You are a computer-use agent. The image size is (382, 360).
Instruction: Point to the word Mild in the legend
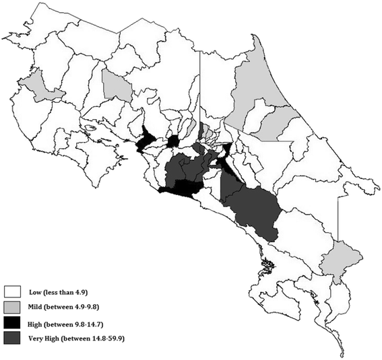click(x=38, y=307)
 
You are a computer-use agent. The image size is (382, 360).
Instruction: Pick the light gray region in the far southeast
click(x=335, y=259)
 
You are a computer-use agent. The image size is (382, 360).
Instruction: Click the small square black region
click(x=173, y=141)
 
